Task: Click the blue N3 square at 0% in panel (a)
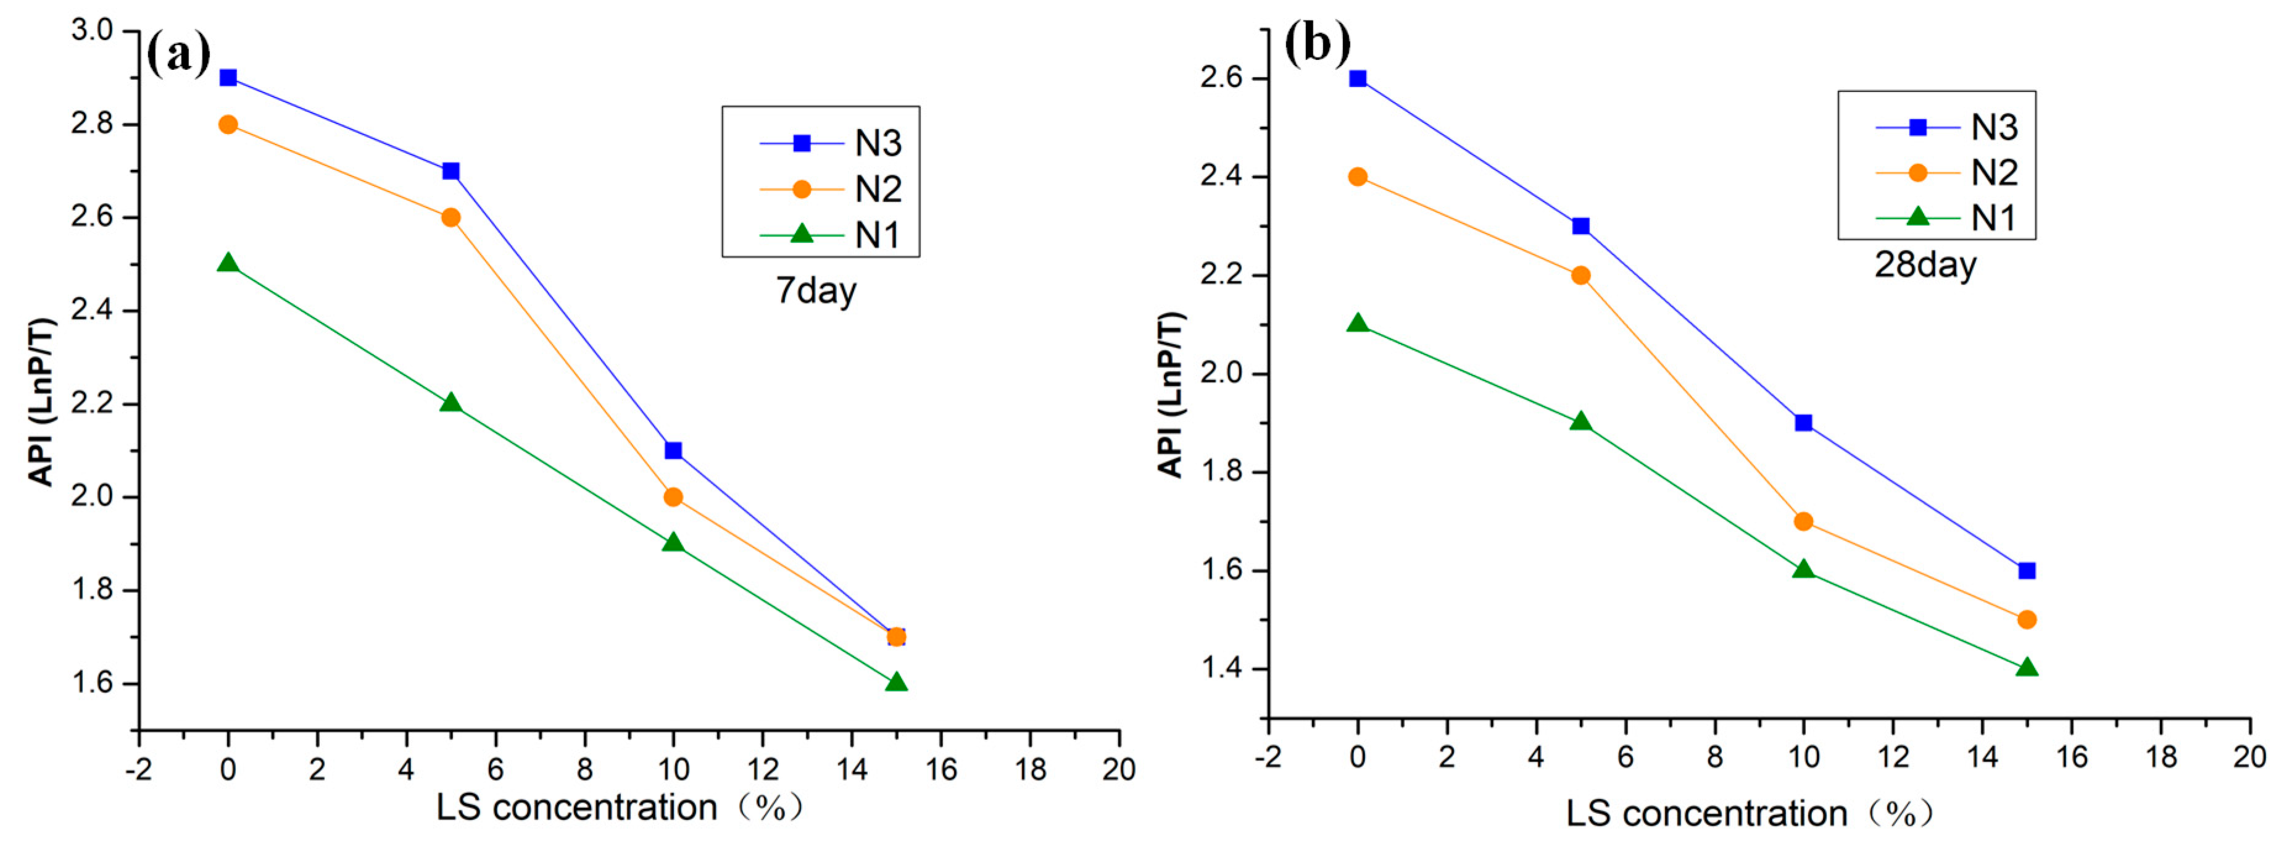pos(228,78)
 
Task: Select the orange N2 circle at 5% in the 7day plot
pos(451,217)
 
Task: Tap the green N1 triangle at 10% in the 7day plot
pos(673,542)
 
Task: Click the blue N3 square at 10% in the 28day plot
pos(1803,423)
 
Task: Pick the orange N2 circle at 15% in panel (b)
pos(2026,620)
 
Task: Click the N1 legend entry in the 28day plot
pos(1946,217)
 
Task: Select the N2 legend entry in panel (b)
pos(1946,172)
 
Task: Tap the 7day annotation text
pos(816,291)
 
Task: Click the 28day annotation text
pos(1925,265)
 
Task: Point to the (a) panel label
pos(178,53)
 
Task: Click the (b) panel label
pos(1318,43)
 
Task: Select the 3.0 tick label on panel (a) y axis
pos(92,30)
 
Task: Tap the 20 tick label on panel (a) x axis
pos(1119,769)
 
